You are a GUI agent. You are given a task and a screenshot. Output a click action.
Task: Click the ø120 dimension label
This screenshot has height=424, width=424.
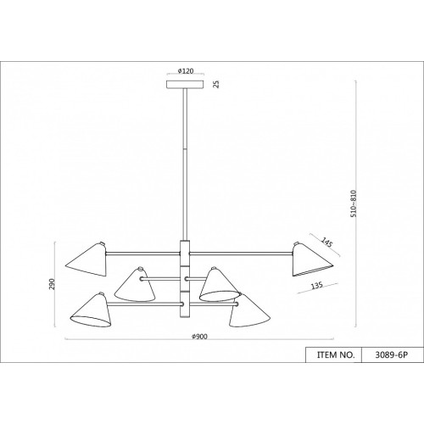click(186, 70)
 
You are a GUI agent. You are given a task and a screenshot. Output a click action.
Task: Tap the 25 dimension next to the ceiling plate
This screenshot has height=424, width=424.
click(216, 84)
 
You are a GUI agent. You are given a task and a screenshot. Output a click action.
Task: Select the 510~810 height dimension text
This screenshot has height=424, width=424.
click(354, 204)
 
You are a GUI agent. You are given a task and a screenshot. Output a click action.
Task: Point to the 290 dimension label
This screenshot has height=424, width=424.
click(52, 284)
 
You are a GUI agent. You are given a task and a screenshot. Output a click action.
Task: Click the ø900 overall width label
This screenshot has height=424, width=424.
click(199, 337)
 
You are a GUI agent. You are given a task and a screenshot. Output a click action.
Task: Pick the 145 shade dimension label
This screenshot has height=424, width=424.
click(326, 243)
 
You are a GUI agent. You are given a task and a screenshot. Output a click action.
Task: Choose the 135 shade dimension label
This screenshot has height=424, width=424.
click(316, 286)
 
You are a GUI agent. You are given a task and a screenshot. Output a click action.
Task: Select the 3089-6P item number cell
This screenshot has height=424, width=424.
click(392, 354)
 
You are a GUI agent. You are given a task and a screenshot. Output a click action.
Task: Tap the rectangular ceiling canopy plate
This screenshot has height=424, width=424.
click(185, 85)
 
